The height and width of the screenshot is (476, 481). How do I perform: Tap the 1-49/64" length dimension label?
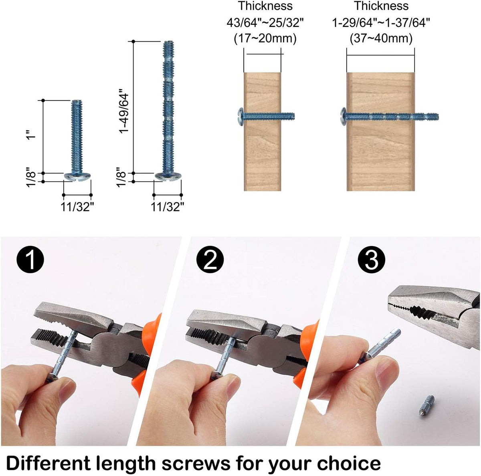(123, 113)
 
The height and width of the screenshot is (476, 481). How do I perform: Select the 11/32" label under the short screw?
(78, 207)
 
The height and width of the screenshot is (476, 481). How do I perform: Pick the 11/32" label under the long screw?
(168, 207)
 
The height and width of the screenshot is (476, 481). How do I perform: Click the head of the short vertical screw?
(78, 176)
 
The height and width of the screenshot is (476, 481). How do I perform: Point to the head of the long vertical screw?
(168, 176)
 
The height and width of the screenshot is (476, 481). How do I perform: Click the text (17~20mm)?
(265, 38)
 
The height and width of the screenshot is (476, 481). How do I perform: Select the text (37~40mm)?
(381, 38)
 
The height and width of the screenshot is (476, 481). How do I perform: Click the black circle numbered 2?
(210, 261)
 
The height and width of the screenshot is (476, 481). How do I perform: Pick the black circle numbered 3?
(372, 261)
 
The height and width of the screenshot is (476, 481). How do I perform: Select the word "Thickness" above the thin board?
(265, 6)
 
